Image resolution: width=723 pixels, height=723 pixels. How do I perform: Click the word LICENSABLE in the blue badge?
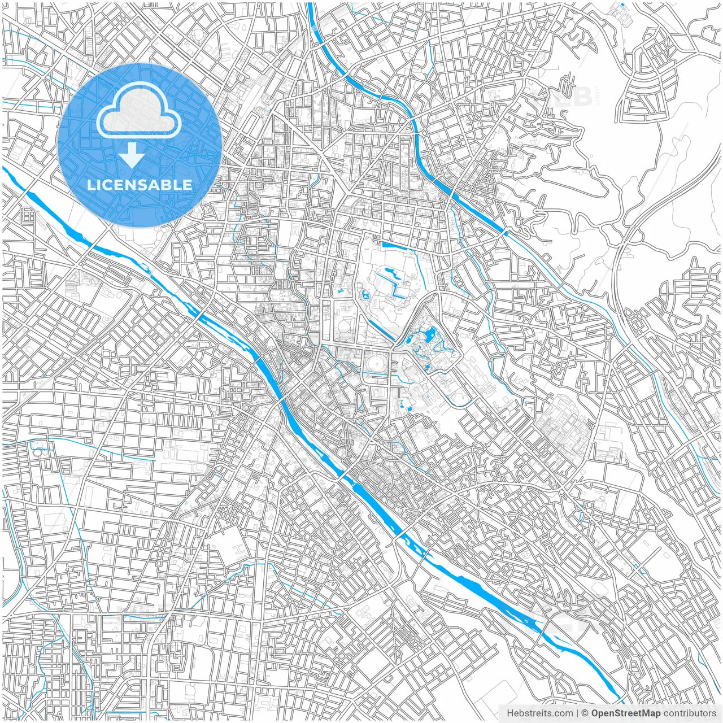click(x=140, y=185)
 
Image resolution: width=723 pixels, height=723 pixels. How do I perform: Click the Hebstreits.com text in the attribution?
click(x=539, y=713)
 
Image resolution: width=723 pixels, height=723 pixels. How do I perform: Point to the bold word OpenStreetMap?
click(x=626, y=713)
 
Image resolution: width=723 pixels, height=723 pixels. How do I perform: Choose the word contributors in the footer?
click(x=690, y=713)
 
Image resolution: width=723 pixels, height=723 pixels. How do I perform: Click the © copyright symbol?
click(x=585, y=713)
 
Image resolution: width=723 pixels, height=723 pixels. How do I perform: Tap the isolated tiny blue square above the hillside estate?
click(x=622, y=5)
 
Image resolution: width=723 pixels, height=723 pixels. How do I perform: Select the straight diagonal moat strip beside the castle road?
click(x=382, y=330)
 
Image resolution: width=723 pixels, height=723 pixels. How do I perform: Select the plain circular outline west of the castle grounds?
click(x=343, y=326)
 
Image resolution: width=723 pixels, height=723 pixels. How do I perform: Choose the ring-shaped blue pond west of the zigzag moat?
click(x=365, y=294)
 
